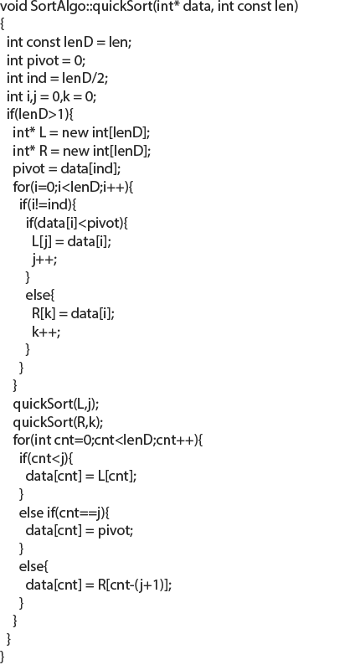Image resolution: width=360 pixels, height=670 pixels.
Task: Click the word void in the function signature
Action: (13, 7)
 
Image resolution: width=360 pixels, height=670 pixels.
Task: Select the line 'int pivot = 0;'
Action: (46, 61)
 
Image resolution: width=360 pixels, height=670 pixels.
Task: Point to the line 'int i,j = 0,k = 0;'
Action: (52, 97)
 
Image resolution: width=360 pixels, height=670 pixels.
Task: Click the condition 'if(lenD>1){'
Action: (40, 115)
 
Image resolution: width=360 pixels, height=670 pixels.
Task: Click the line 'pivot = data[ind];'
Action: (67, 169)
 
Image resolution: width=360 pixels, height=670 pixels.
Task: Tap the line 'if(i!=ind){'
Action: (48, 204)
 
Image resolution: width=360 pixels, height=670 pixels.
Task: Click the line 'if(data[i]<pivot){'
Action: (77, 223)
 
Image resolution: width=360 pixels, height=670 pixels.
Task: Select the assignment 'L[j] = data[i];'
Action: (72, 241)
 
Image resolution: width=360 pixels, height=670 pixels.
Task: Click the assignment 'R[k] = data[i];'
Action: (74, 313)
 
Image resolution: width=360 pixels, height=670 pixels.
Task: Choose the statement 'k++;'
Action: (46, 332)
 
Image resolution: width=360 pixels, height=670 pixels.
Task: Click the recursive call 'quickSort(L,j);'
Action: (56, 404)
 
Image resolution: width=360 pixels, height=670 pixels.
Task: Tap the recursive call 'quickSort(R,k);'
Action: (58, 422)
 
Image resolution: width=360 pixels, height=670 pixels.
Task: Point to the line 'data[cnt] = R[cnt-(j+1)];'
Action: (99, 585)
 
